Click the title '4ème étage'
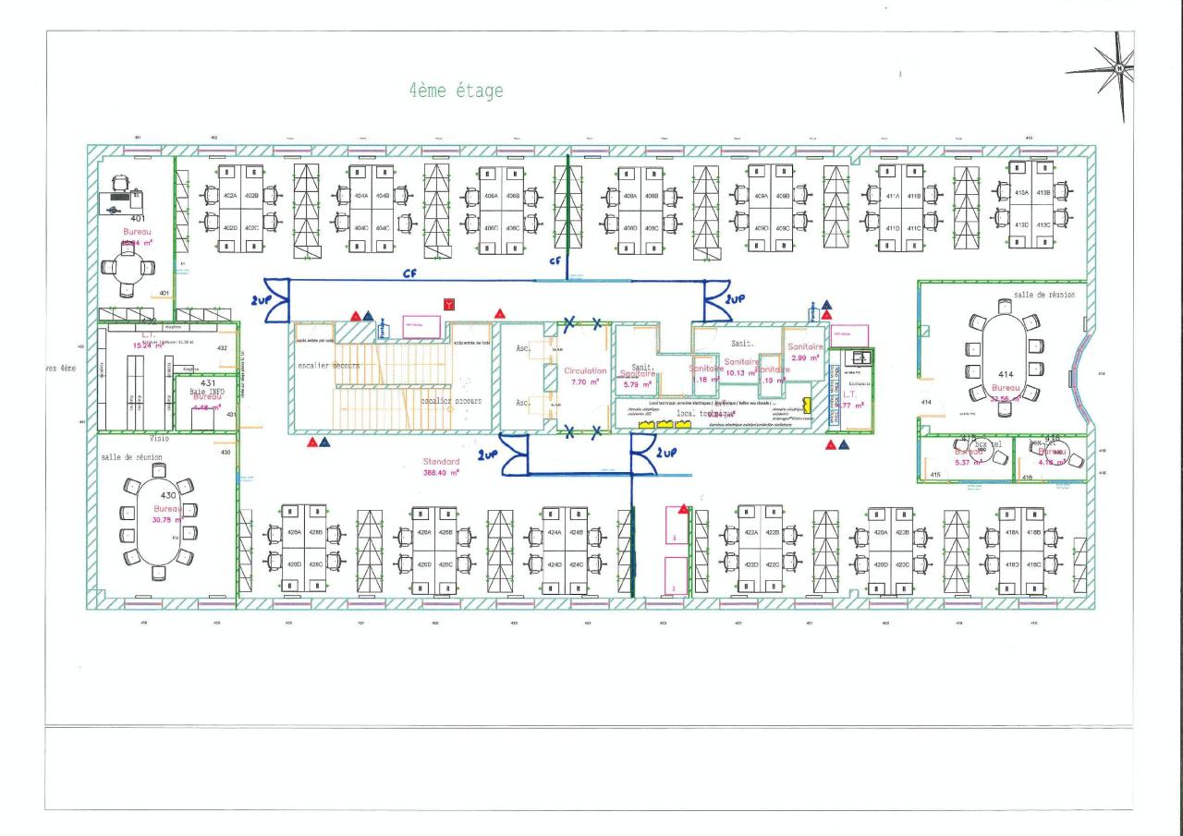[x=457, y=91]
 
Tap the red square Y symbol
[x=449, y=303]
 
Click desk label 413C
[x=1044, y=224]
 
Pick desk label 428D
[x=294, y=563]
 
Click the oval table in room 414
[x=1004, y=356]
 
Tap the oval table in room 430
[x=158, y=521]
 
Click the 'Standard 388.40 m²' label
[x=442, y=466]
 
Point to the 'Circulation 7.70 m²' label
[x=585, y=375]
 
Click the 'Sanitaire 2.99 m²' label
[x=805, y=351]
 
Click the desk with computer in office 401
[x=120, y=200]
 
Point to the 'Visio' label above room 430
[x=159, y=439]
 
